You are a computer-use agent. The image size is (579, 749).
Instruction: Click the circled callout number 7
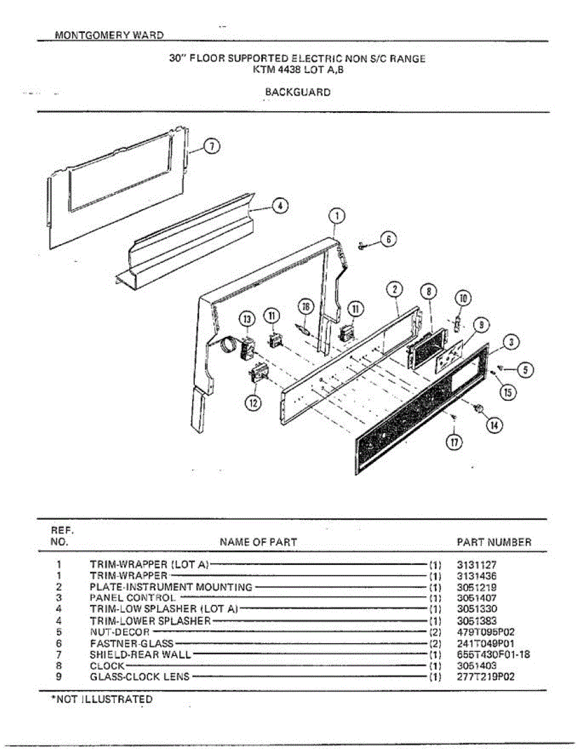[212, 147]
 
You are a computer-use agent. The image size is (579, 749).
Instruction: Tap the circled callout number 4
[280, 206]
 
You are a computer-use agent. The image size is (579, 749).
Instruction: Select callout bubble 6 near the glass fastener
[388, 239]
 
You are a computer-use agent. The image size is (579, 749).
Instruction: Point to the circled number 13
[247, 320]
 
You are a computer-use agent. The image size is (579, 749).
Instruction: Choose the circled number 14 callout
[494, 426]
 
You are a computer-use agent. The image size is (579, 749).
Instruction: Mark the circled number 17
[454, 443]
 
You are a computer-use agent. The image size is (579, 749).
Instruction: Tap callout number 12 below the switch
[253, 403]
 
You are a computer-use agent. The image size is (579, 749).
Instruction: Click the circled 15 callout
[508, 392]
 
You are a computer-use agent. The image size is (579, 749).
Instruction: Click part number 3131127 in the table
[477, 565]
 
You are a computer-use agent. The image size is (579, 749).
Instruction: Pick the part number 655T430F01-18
[493, 655]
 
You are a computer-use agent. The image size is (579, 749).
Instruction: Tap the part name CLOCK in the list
[107, 666]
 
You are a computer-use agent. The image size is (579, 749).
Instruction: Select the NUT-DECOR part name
[120, 632]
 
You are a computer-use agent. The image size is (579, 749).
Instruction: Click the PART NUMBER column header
[494, 542]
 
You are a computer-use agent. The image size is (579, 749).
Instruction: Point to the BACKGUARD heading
[298, 92]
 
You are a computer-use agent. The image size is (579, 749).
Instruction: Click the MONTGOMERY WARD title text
[109, 35]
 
